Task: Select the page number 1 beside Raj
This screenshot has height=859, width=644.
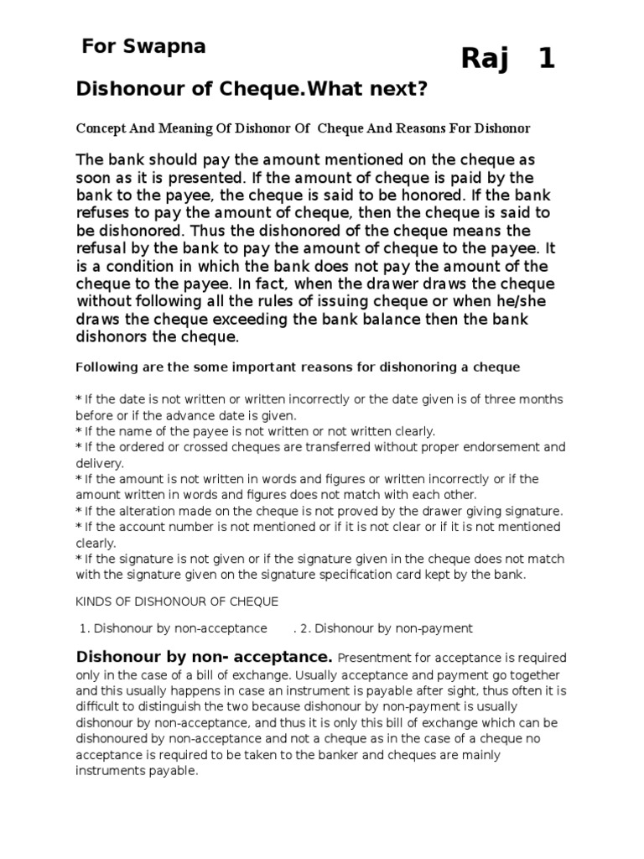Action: pos(547,60)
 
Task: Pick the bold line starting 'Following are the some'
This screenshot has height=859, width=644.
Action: pos(298,367)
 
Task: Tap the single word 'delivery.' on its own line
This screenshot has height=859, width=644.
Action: pos(100,463)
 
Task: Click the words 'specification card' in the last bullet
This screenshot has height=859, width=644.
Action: pos(352,575)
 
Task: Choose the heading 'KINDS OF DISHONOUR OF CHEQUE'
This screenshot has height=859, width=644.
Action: pos(177,601)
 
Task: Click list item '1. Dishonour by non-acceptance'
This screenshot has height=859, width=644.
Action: pos(174,628)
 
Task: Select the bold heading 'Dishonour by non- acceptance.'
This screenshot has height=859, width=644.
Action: pos(205,656)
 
